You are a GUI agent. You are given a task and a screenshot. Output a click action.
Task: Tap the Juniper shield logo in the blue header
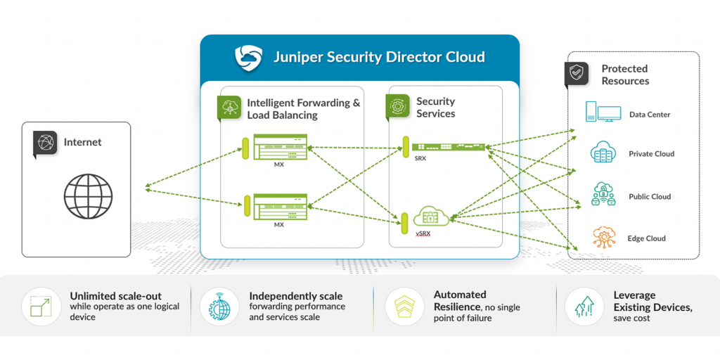[248, 57]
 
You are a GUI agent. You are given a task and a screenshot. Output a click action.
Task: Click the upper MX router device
[279, 150]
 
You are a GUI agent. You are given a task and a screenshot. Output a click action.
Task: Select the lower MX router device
[279, 205]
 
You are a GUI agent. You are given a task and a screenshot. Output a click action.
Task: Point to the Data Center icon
[603, 114]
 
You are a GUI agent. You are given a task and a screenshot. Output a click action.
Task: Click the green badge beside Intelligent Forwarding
[229, 107]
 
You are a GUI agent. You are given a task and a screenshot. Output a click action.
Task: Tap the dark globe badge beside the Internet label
[45, 143]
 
